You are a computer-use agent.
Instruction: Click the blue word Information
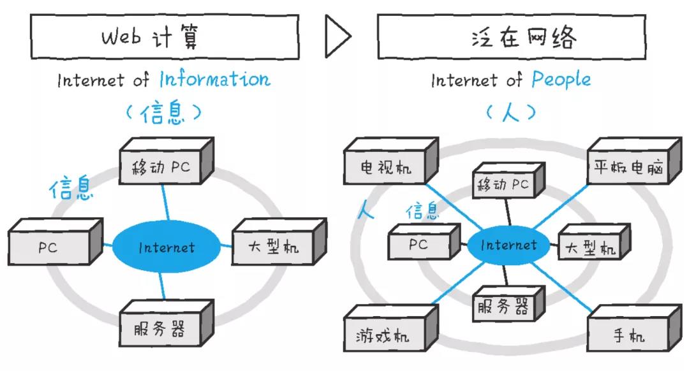[214, 80]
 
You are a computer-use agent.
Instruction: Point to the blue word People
[561, 80]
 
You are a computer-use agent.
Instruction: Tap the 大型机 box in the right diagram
[590, 249]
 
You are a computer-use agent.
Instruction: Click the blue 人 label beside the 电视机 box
[366, 211]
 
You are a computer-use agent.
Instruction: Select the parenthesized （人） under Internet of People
[510, 113]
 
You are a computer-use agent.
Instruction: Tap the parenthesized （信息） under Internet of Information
[164, 113]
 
